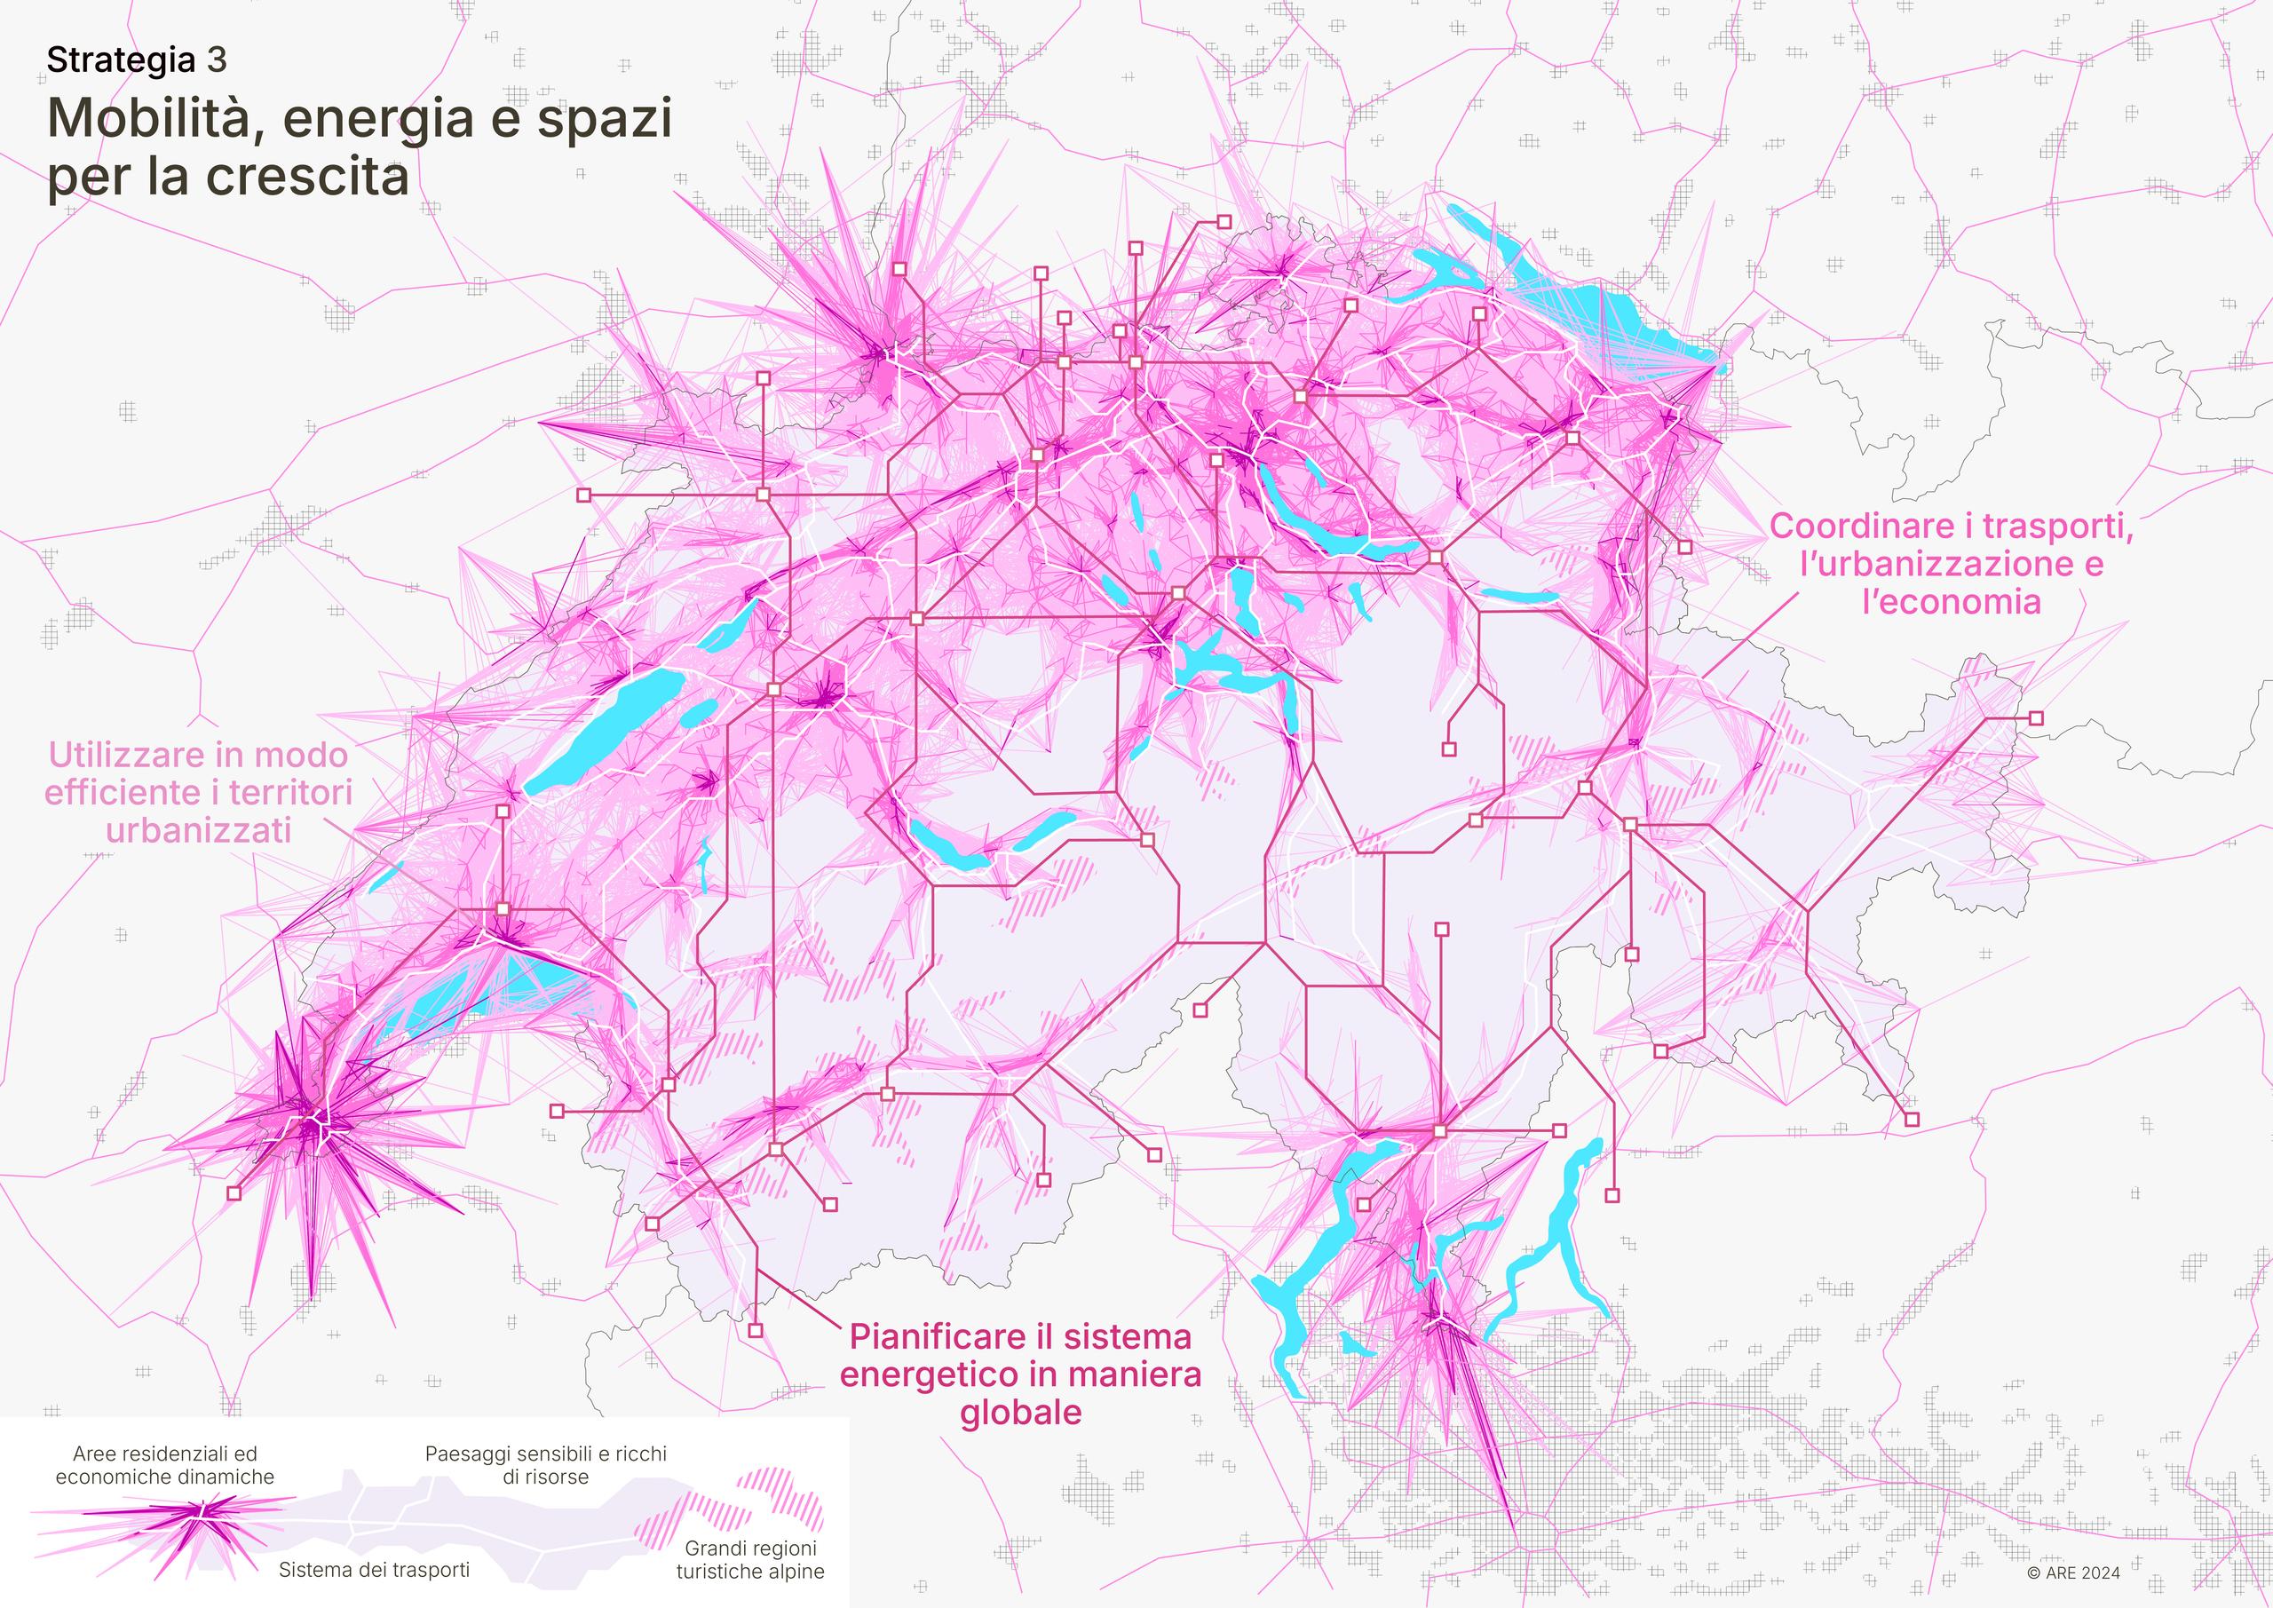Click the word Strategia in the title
(x=121, y=60)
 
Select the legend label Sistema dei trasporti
(x=374, y=1570)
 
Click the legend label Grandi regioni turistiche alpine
(x=749, y=1559)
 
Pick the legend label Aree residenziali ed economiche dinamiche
(x=164, y=1465)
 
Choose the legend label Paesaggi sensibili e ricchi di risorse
(x=545, y=1465)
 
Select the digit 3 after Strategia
(x=217, y=60)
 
